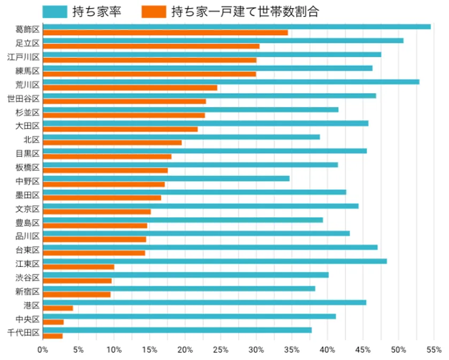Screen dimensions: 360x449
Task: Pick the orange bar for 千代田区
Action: (52, 336)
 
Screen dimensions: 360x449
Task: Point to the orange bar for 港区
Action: (58, 308)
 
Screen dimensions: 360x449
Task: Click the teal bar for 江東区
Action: (214, 261)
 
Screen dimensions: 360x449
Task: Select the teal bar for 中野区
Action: (166, 178)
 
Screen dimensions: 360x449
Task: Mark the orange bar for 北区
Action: (112, 143)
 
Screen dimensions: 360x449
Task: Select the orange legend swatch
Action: (154, 11)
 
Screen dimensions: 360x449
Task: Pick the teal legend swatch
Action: (55, 11)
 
